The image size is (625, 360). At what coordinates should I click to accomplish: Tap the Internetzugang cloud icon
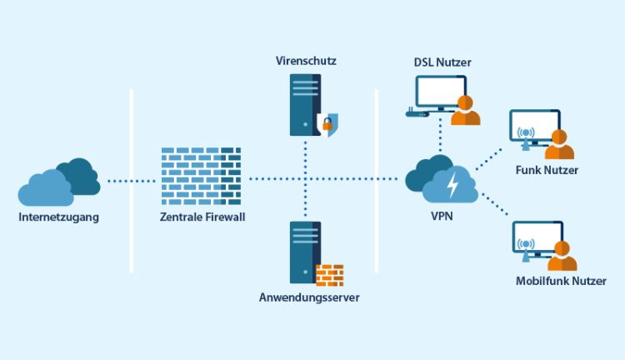coord(58,183)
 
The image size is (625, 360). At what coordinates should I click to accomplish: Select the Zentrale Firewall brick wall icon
coord(201,176)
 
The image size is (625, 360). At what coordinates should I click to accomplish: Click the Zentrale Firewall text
coord(202,217)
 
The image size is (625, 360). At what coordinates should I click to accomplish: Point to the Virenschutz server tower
coord(305,104)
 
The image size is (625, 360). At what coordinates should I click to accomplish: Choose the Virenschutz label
coord(306,62)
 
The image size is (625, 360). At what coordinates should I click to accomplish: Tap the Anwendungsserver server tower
coord(305,252)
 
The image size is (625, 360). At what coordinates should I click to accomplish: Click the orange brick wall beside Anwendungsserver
coord(329,275)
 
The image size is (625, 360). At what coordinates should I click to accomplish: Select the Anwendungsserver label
coord(307,297)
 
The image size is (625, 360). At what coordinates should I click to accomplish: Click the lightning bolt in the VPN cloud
coord(452,184)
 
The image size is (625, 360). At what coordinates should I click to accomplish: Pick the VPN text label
coord(441,217)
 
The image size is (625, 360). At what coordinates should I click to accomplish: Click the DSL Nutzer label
coord(442,63)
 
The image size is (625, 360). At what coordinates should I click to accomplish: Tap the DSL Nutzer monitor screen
coord(440,93)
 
